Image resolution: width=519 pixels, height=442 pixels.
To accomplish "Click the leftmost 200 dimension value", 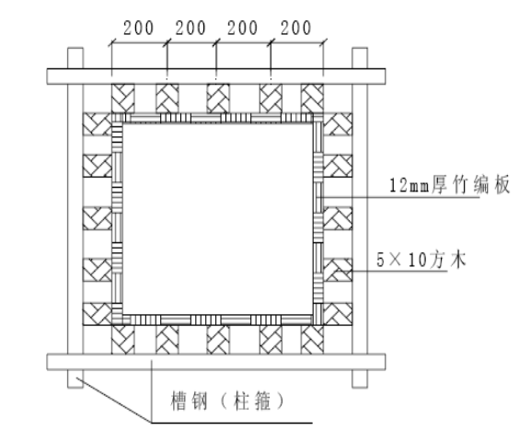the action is point(138,28).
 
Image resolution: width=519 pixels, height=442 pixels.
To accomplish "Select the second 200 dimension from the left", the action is point(190,28).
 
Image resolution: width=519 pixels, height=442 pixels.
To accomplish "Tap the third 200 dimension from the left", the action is point(242,28).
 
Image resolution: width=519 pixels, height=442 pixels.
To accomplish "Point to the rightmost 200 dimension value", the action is point(296,28).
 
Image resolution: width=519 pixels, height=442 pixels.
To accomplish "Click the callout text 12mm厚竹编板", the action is point(449,185).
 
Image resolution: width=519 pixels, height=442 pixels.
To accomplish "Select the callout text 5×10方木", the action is point(421,260).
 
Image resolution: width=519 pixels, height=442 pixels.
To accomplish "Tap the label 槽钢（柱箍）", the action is point(227,401).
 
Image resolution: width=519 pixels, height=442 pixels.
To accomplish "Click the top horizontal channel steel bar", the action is point(216,76).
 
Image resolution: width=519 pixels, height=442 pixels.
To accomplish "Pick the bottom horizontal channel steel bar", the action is point(216,362).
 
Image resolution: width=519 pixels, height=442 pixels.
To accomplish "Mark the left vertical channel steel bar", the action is point(75,217).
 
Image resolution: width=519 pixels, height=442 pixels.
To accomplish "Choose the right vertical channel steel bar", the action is point(360,217).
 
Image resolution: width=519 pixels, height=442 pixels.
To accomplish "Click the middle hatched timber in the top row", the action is point(218,99).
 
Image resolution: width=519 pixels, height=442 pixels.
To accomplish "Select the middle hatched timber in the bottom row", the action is point(218,340).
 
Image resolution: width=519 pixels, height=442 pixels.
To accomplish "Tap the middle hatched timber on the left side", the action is point(98,218).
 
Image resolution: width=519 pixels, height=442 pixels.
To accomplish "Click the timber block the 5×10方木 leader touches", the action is point(338,270).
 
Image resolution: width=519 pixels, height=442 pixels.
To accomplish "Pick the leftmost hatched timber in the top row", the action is point(122,99).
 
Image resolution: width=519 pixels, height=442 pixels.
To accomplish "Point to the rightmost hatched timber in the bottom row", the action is point(312,340).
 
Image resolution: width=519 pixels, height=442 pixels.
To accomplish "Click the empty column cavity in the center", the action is point(217,218).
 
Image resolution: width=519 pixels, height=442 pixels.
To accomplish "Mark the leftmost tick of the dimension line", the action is point(111,42).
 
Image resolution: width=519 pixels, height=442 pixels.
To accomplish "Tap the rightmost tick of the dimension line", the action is point(323,42).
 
